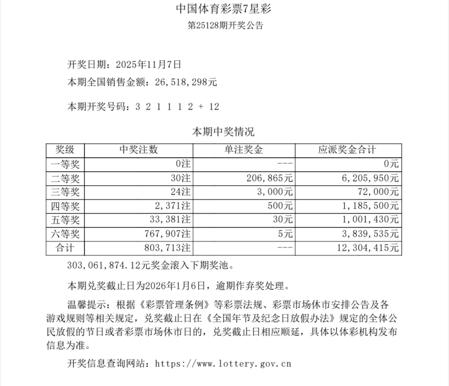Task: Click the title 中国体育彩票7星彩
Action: coord(223,9)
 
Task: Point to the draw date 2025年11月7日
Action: coord(149,65)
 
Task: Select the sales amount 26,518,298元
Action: coord(186,82)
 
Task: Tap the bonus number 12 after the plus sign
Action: coord(214,107)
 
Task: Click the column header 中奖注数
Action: coord(139,150)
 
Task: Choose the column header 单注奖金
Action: coord(244,150)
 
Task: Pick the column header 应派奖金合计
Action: coord(347,150)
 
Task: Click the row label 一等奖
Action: coord(65,164)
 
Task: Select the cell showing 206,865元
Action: coord(269,178)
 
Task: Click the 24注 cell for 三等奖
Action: coord(180,192)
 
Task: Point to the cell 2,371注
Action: coord(173,206)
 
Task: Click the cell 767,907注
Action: coord(167,234)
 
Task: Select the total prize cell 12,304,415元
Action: coord(368,248)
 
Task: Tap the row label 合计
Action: coord(65,248)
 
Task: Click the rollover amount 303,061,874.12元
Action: coord(108,266)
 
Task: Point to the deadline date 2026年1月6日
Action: coord(175,286)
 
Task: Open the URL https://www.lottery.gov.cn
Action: coord(223,364)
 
